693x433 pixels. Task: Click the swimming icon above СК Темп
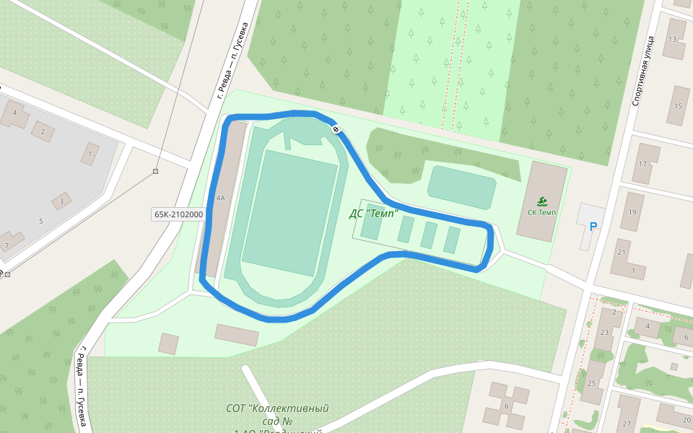[541, 201]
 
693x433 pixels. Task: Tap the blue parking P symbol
[593, 227]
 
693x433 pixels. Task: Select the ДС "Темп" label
[374, 214]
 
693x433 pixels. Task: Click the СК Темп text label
[541, 212]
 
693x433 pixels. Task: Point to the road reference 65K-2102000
[178, 214]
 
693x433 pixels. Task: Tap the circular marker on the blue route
[336, 129]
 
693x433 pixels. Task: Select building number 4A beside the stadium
[220, 197]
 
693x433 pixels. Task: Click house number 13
[674, 39]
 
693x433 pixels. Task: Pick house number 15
[678, 106]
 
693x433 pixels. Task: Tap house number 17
[642, 164]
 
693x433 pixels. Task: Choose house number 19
[632, 211]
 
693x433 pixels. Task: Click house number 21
[621, 252]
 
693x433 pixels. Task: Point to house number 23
[604, 333]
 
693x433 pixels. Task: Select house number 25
[592, 383]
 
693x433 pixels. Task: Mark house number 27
[627, 424]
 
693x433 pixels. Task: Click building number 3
[62, 201]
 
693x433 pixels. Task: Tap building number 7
[6, 246]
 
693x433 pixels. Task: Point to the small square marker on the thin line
[155, 171]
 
